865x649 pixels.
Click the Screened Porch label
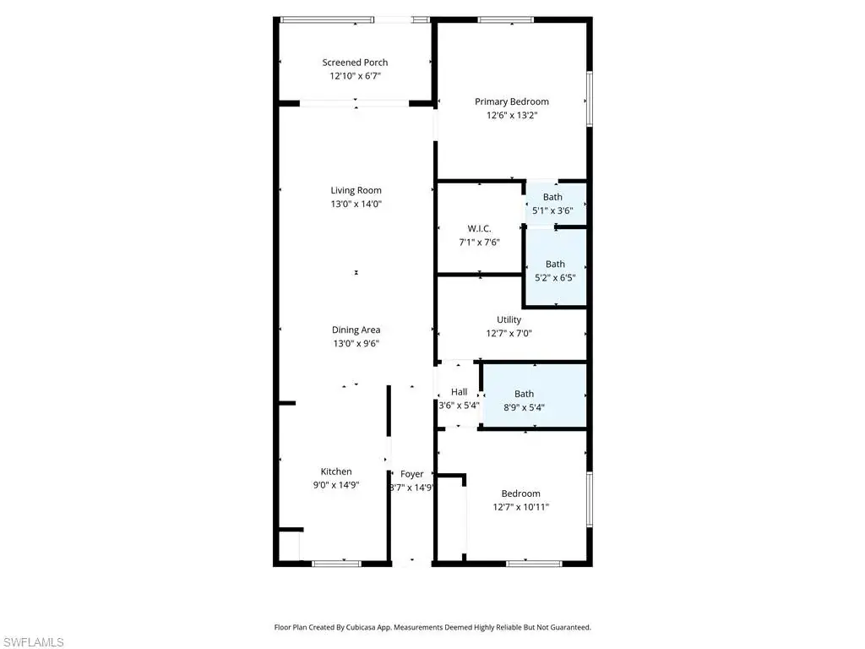click(355, 63)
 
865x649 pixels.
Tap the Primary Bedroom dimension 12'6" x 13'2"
click(511, 115)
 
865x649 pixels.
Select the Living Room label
click(356, 190)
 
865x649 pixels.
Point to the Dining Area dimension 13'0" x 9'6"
click(356, 343)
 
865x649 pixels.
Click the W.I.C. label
click(479, 228)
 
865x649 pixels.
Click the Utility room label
click(509, 319)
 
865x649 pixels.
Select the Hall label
click(459, 392)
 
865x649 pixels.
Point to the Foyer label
click(411, 474)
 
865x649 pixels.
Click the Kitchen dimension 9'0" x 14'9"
click(336, 485)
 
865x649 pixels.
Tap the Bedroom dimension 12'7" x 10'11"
click(520, 507)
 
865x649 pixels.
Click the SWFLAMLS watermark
click(33, 642)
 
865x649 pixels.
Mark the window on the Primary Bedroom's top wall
click(506, 20)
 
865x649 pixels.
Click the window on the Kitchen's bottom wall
click(336, 564)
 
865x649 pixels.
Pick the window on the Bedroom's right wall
click(589, 499)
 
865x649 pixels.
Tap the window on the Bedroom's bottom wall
click(534, 564)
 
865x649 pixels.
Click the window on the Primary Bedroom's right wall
click(589, 99)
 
